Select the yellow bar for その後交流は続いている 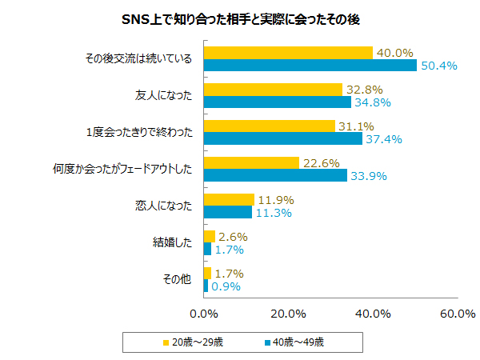tap(288, 53)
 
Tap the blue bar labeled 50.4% tap(310, 65)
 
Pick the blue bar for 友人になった tap(278, 102)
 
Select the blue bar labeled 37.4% tap(283, 139)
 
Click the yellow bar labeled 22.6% tap(251, 163)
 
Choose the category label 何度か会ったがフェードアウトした tap(122, 170)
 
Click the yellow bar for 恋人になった tap(229, 200)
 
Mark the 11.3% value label tap(274, 213)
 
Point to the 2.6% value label tap(233, 237)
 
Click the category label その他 tap(178, 280)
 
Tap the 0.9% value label tap(226, 286)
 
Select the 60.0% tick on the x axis tap(457, 313)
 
